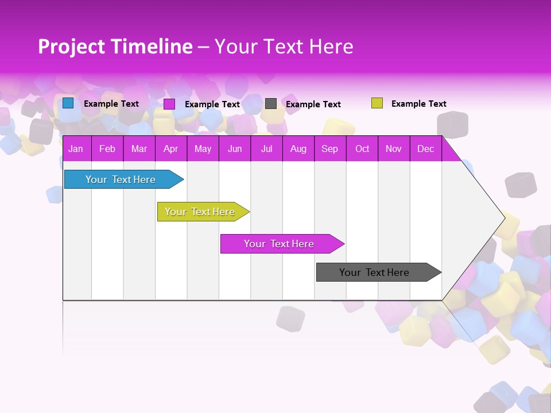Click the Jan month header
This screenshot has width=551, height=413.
76,149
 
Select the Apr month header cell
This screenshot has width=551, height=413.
171,149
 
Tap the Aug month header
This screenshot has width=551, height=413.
298,149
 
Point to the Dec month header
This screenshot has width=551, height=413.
425,149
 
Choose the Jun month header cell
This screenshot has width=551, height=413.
235,149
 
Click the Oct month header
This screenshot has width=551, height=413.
362,149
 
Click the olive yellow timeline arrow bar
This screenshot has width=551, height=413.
200,212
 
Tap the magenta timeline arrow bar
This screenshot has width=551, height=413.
280,244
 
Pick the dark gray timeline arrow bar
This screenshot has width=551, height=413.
375,272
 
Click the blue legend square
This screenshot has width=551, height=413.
68,103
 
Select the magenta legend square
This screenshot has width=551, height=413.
169,104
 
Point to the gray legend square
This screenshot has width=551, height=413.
271,103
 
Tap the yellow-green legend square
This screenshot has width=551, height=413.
377,103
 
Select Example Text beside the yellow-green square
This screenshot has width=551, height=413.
418,104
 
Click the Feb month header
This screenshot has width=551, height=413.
107,149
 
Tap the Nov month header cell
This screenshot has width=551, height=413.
394,149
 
